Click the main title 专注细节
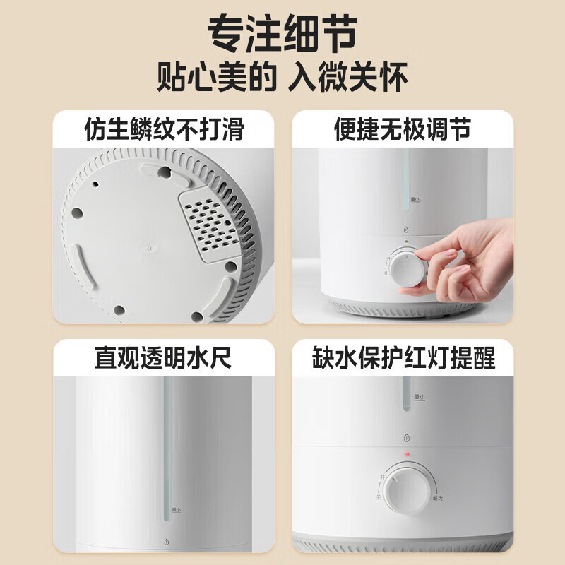(282, 34)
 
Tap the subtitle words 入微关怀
(348, 77)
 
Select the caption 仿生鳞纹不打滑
(163, 129)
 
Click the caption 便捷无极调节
(402, 129)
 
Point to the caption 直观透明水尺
(163, 358)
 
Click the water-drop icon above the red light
(405, 435)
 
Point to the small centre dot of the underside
(150, 248)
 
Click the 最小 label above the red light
(418, 398)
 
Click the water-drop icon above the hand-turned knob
(405, 230)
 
